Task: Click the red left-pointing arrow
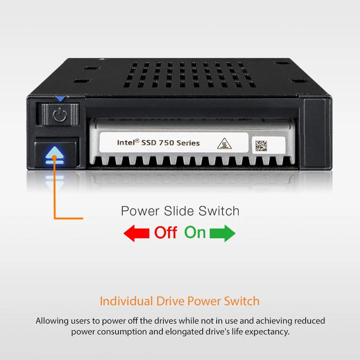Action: coord(136,233)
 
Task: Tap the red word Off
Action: coord(166,233)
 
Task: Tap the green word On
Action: coord(195,233)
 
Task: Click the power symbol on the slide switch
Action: coord(60,115)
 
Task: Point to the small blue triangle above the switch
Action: coord(60,99)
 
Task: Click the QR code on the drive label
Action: coord(261,146)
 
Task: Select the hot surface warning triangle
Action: coord(224,144)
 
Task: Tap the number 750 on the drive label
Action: coord(167,143)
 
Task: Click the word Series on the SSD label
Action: coord(188,143)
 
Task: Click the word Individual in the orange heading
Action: coord(126,301)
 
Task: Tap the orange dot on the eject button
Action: coord(54,158)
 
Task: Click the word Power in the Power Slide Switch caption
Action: coord(140,211)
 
